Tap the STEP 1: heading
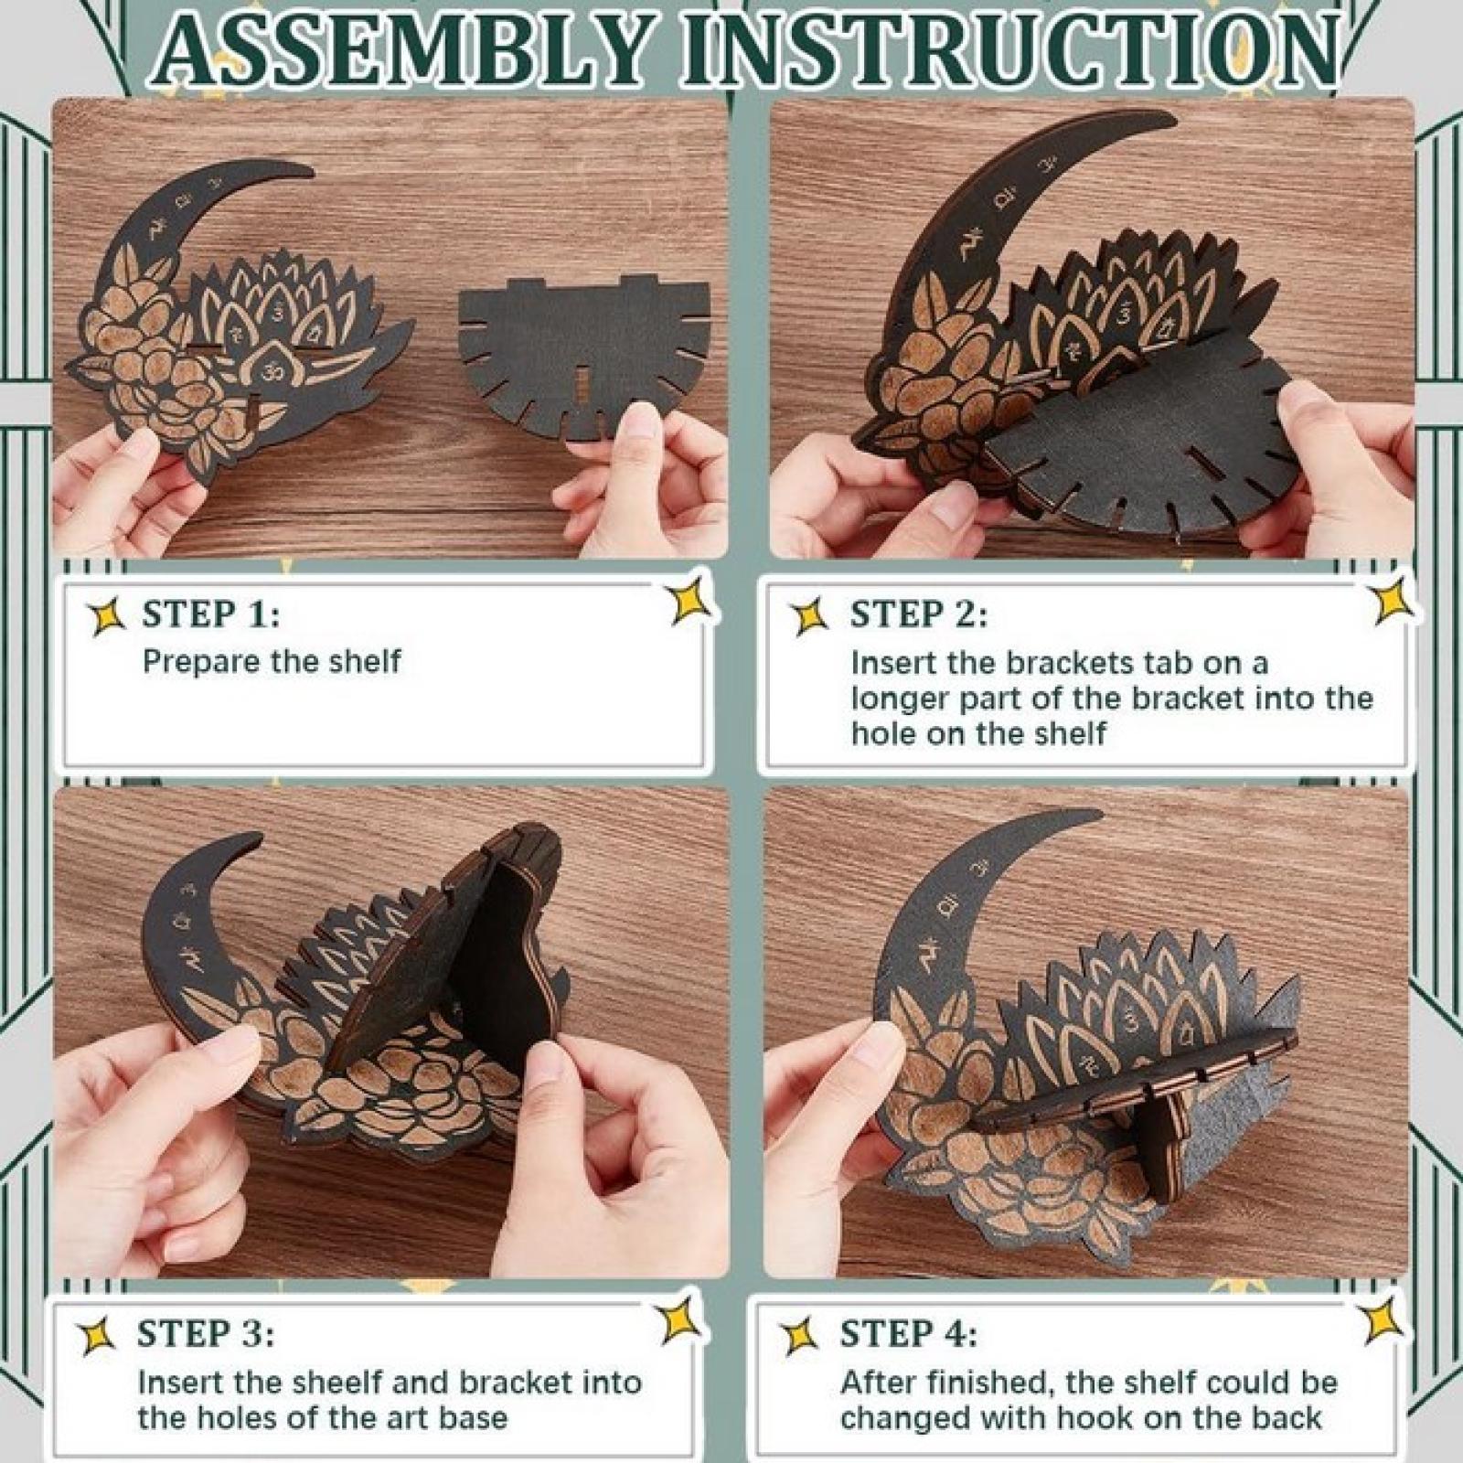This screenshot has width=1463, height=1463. tap(210, 614)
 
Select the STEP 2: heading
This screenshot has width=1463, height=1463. tap(919, 614)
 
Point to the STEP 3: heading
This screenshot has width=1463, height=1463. tap(205, 1333)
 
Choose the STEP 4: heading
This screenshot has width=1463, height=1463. tap(909, 1333)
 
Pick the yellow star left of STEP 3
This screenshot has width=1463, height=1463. tap(97, 1335)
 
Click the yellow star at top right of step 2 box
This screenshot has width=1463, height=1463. tap(1394, 599)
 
